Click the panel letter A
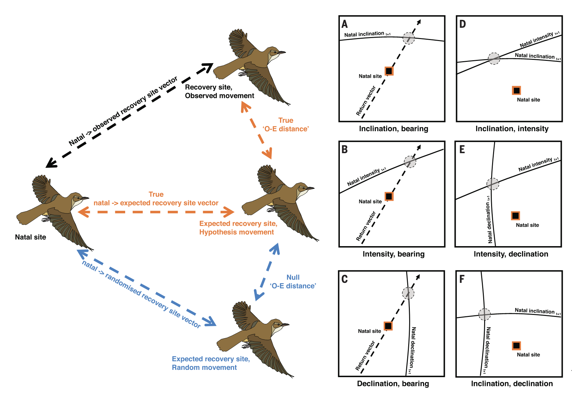pyautogui.click(x=345, y=24)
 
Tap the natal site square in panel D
pyautogui.click(x=517, y=90)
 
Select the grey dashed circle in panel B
pyautogui.click(x=410, y=162)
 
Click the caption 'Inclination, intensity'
pyautogui.click(x=512, y=129)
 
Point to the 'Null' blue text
pyautogui.click(x=293, y=277)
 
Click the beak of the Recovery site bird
pyautogui.click(x=282, y=52)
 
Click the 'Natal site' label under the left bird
pyautogui.click(x=30, y=237)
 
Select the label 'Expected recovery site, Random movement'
pyautogui.click(x=210, y=363)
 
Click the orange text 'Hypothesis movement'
pyautogui.click(x=236, y=232)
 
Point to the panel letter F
pyautogui.click(x=462, y=279)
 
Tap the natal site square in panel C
pyautogui.click(x=388, y=326)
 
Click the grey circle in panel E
pyautogui.click(x=493, y=184)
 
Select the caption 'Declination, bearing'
pyautogui.click(x=393, y=383)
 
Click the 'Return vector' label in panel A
pyautogui.click(x=366, y=101)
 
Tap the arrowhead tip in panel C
pyautogui.click(x=419, y=276)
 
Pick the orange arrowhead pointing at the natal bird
pyautogui.click(x=83, y=212)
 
